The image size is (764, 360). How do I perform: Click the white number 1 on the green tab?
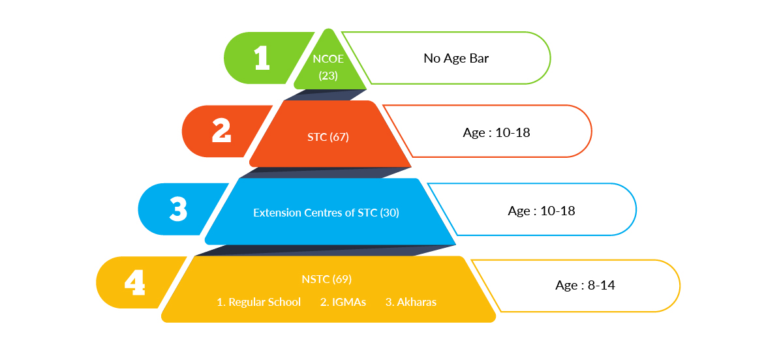262,58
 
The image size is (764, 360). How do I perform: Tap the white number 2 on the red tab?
221,131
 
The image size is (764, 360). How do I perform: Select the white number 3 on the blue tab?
177,209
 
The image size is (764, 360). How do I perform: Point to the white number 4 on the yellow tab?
134,283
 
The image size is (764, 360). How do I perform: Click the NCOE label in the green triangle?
328,58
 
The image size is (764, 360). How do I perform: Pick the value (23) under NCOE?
328,75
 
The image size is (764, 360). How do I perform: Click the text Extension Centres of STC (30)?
326,213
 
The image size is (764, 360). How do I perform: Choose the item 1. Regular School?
258,302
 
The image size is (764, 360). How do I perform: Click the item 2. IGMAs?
343,302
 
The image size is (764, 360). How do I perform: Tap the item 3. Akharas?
411,302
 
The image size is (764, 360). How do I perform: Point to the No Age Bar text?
456,58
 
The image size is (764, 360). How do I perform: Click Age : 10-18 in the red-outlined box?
497,132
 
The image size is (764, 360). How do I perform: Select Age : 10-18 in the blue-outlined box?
541,211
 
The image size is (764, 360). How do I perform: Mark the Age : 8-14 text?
585,285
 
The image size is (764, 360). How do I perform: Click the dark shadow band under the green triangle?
326,95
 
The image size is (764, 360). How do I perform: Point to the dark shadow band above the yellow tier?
324,250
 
